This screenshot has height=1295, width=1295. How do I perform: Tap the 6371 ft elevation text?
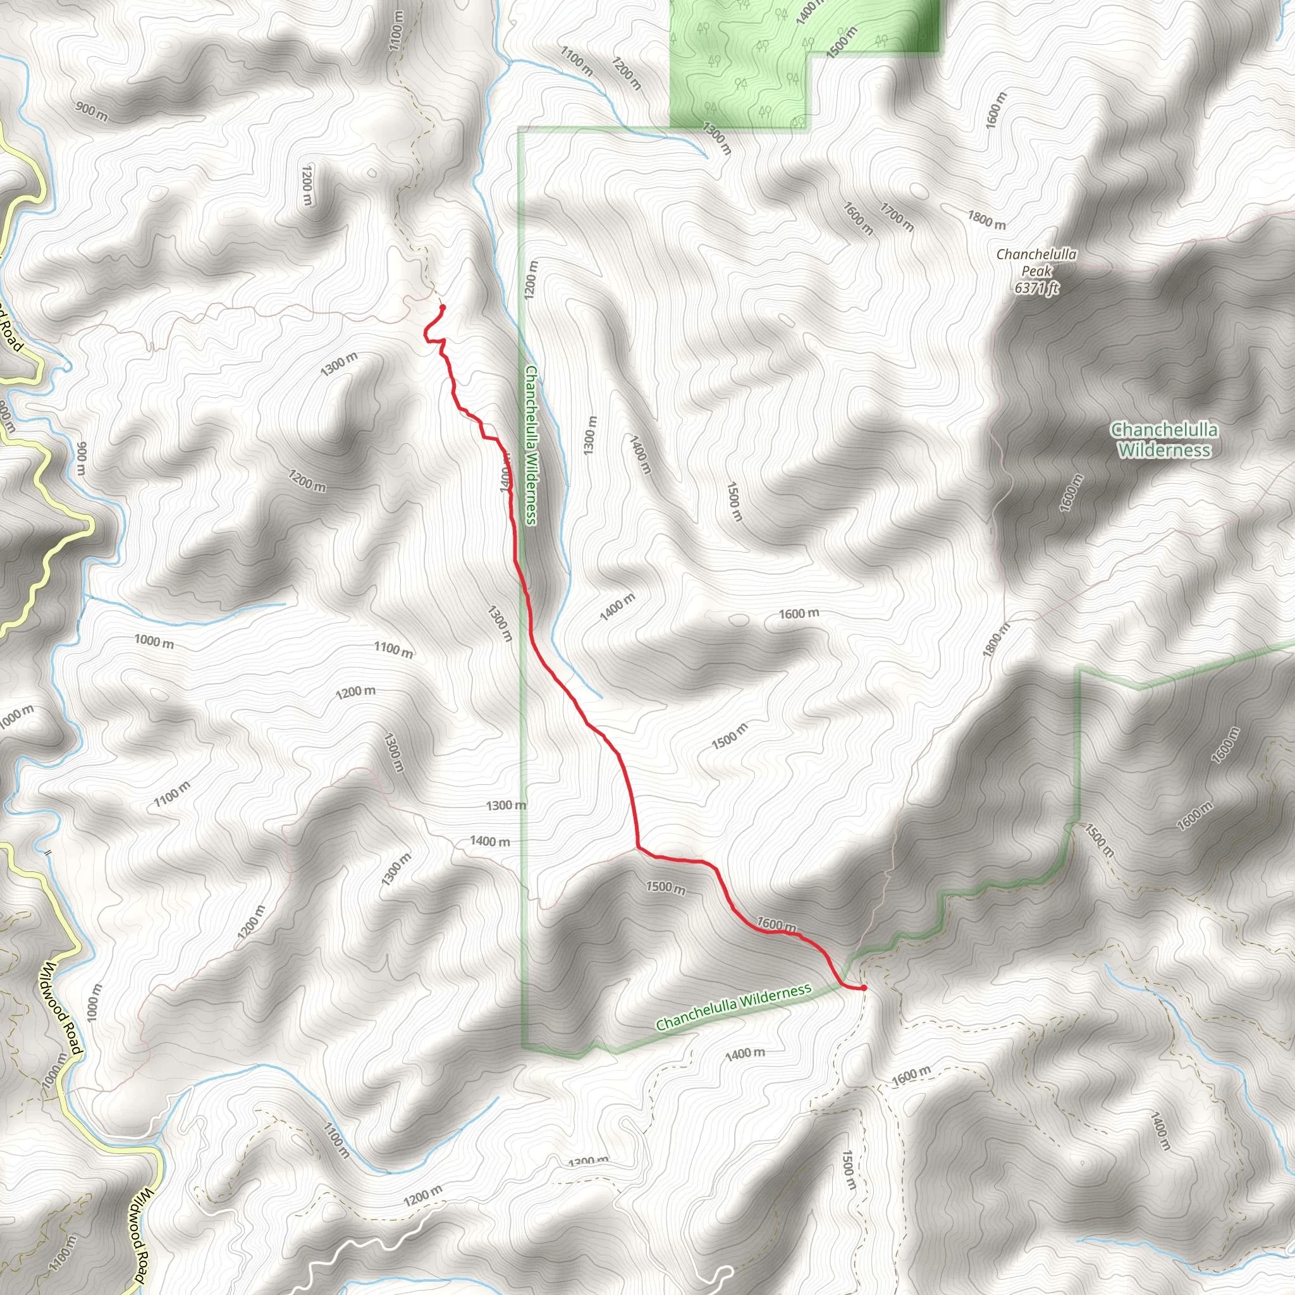click(1036, 288)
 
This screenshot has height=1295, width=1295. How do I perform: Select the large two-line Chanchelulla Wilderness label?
click(1163, 439)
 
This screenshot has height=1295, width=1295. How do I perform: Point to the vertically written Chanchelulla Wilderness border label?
click(532, 445)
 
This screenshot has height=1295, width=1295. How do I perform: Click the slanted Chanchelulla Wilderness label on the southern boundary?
click(733, 1007)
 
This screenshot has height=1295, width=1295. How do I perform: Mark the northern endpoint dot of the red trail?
click(443, 308)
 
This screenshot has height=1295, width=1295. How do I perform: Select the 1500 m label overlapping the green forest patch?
click(842, 42)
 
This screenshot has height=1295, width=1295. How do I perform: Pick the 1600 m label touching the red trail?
click(776, 924)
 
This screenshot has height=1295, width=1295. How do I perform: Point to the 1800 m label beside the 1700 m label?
click(986, 219)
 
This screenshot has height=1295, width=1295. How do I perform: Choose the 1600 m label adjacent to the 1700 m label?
click(858, 219)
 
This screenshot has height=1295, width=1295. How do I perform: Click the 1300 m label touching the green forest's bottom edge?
click(716, 138)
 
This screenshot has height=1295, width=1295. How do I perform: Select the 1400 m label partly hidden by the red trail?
click(505, 473)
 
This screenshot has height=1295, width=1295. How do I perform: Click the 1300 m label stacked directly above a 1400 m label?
click(506, 805)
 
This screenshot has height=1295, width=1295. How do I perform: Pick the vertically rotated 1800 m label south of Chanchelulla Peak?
click(997, 641)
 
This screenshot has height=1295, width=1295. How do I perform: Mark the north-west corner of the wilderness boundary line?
click(520, 128)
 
